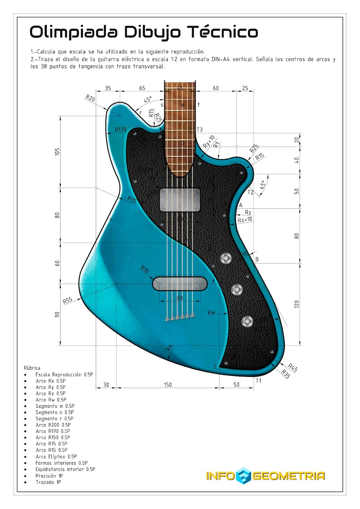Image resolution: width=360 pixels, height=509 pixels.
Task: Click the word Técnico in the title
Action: [x=223, y=32]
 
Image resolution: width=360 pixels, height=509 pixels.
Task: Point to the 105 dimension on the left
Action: [x=57, y=152]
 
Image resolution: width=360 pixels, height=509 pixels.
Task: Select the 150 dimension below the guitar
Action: [x=168, y=385]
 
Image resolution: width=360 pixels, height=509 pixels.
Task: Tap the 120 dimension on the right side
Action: [x=297, y=304]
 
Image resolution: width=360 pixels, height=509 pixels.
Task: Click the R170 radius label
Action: [x=121, y=129]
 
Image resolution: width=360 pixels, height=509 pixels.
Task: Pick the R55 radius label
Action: [x=67, y=300]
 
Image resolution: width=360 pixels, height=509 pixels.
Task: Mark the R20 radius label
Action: [x=90, y=98]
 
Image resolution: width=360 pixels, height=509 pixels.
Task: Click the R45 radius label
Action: [x=293, y=368]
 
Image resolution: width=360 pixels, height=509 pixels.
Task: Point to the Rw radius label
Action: [x=211, y=312]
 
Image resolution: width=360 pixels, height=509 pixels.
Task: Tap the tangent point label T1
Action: [x=258, y=380]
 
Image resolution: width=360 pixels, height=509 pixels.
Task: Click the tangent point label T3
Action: [x=199, y=129]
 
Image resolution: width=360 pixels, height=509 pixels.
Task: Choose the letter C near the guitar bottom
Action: [x=216, y=366]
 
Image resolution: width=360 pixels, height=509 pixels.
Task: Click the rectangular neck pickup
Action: [x=180, y=199]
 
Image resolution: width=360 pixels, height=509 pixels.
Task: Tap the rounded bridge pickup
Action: [x=180, y=284]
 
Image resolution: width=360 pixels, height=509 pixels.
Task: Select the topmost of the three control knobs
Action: [x=226, y=258]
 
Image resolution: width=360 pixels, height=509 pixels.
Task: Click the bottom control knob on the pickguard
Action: [x=247, y=321]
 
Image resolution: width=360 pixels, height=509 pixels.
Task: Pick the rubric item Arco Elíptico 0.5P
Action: [x=56, y=456]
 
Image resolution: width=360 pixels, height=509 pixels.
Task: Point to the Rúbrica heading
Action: [x=32, y=368]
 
